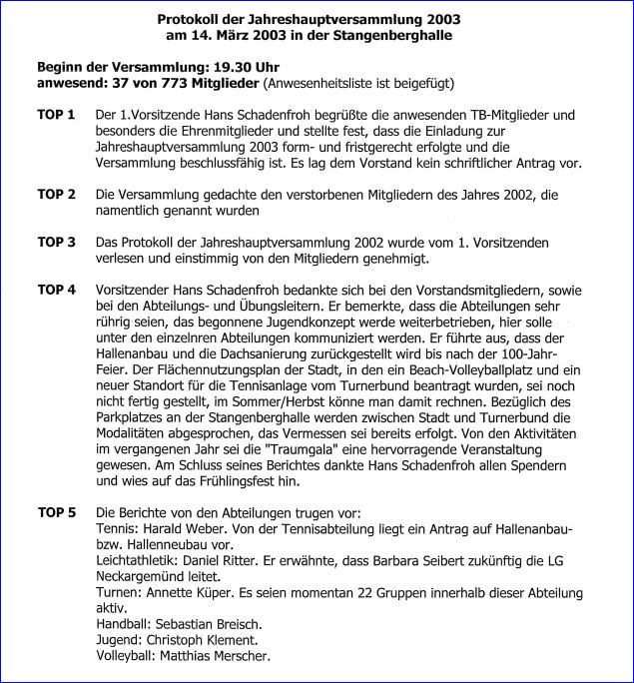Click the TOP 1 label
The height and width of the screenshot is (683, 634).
click(56, 116)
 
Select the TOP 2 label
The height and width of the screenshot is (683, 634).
click(56, 194)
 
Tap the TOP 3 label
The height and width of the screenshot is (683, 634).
click(56, 242)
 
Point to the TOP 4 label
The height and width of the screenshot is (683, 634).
click(56, 290)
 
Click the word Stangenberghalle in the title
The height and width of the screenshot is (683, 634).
click(396, 35)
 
